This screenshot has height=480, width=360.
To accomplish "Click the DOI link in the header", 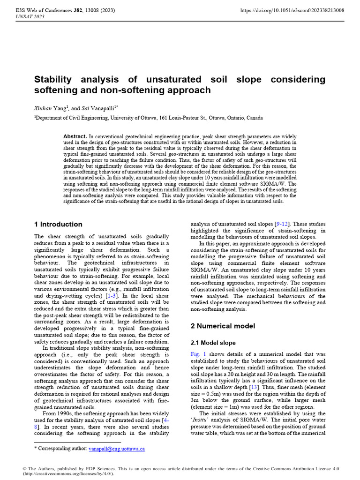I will pyautogui.click(x=292, y=10).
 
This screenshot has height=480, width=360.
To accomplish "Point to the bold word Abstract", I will pyautogui.click(x=75, y=136).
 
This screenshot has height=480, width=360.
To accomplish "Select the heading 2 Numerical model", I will pyautogui.click(x=223, y=326).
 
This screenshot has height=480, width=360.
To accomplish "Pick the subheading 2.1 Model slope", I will pyautogui.click(x=213, y=343).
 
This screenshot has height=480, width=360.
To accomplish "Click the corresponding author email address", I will pyautogui.click(x=117, y=449).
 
